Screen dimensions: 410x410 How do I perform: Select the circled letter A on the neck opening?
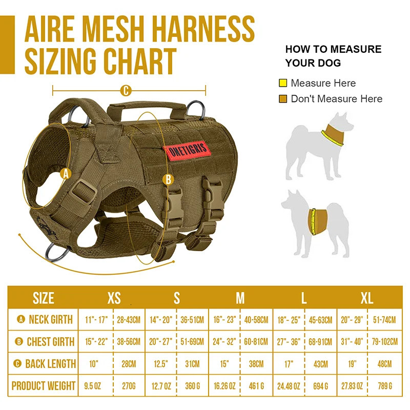pyautogui.click(x=65, y=174)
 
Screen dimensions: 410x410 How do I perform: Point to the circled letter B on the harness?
pyautogui.click(x=168, y=179)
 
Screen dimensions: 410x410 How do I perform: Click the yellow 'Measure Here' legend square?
pyautogui.click(x=283, y=83)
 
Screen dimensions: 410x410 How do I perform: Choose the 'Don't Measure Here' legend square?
pyautogui.click(x=283, y=99)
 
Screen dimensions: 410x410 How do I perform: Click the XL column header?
pyautogui.click(x=366, y=298)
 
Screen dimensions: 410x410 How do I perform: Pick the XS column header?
pyautogui.click(x=114, y=298)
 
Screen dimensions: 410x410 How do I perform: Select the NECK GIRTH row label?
pyautogui.click(x=45, y=320)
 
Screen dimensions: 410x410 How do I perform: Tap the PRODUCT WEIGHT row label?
pyautogui.click(x=44, y=386)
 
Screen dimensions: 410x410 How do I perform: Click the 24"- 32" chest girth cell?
pyautogui.click(x=224, y=342)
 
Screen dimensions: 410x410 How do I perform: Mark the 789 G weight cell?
pyautogui.click(x=384, y=386)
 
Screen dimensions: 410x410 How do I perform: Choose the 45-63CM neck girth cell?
pyautogui.click(x=321, y=320)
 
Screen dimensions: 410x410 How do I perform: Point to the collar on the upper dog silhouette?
pyautogui.click(x=333, y=135)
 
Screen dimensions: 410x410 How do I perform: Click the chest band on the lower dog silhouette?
pyautogui.click(x=317, y=221)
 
